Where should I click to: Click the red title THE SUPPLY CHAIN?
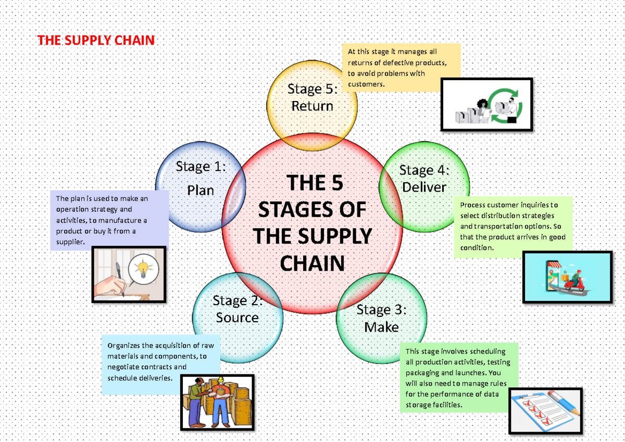pyautogui.click(x=96, y=41)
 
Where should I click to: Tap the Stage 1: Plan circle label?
pyautogui.click(x=201, y=179)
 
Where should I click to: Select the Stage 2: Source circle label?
pyautogui.click(x=238, y=309)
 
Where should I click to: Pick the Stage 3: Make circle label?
pyautogui.click(x=381, y=319)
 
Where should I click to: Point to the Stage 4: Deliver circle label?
pyautogui.click(x=424, y=179)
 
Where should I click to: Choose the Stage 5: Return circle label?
pyautogui.click(x=312, y=97)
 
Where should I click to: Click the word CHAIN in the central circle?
pyautogui.click(x=312, y=263)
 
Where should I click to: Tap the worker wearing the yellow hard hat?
pyautogui.click(x=220, y=398)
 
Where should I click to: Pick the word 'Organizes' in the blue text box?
pyautogui.click(x=124, y=345)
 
